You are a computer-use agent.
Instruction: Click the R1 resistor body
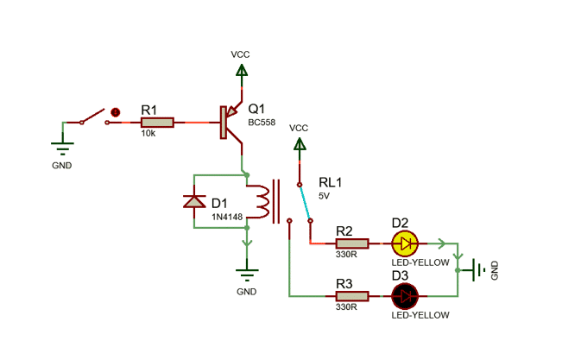(157, 123)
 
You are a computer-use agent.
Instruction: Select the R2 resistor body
(352, 243)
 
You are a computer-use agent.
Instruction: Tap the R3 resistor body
(352, 296)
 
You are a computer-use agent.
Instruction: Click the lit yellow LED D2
(405, 243)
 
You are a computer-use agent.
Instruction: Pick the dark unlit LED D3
(405, 296)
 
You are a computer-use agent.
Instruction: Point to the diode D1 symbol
(194, 201)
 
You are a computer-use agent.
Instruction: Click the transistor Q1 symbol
(231, 123)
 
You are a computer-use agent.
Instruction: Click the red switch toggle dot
(115, 112)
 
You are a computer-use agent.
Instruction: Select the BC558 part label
(262, 123)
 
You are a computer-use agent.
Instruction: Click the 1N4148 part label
(227, 217)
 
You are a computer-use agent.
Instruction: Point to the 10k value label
(148, 134)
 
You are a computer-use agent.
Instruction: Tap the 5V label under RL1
(324, 196)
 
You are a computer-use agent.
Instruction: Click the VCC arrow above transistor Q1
(242, 70)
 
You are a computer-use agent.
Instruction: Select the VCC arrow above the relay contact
(300, 144)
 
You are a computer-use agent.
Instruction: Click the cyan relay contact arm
(305, 202)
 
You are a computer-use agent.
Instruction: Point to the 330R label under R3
(346, 307)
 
